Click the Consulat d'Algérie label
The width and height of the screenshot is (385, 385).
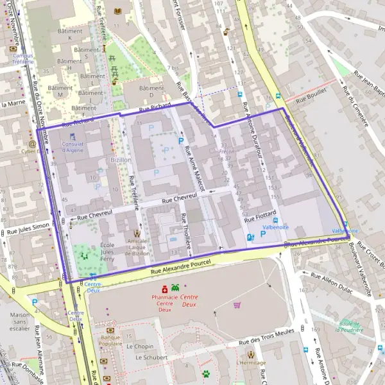73,146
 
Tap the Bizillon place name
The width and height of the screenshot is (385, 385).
121,159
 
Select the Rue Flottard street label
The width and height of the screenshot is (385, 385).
260,214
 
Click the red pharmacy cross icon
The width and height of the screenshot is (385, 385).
164,288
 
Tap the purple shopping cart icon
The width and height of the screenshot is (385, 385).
237,305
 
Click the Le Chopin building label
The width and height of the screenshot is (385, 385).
139,346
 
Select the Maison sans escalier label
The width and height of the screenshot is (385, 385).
20,321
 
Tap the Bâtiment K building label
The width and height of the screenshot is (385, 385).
71,34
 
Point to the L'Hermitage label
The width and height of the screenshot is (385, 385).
250,363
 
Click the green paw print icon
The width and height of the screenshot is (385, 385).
206,373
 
